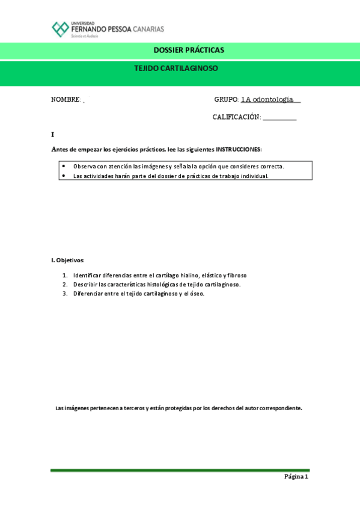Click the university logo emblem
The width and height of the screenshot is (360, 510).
(60, 29)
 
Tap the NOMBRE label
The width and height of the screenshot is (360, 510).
(66, 99)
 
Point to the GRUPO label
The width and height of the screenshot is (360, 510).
(226, 99)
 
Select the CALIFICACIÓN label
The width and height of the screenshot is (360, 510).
(236, 117)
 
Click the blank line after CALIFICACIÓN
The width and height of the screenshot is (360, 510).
(279, 118)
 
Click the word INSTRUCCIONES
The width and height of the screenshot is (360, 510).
(239, 149)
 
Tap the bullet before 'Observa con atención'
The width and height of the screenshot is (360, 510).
(64, 165)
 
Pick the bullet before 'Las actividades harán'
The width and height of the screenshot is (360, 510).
(64, 176)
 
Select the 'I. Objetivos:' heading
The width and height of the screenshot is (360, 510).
(68, 260)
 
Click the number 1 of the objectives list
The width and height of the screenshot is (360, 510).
(65, 275)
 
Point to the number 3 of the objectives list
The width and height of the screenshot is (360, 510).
(65, 293)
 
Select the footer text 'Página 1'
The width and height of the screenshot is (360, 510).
(296, 477)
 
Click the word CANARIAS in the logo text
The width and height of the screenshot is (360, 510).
(149, 28)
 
